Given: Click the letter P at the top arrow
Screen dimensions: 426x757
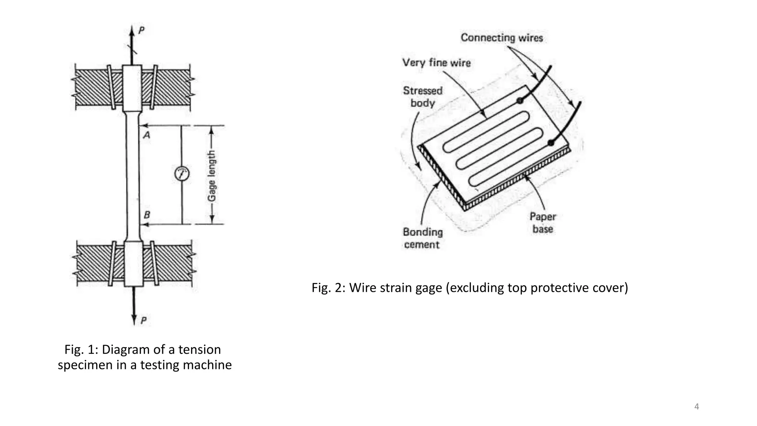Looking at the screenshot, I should (141, 30).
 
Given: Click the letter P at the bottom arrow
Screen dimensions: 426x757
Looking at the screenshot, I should (143, 320).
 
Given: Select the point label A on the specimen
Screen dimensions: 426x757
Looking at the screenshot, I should (147, 135).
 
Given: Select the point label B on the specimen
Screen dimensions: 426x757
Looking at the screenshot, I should (147, 215).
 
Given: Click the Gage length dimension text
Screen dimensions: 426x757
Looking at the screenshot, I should (211, 176).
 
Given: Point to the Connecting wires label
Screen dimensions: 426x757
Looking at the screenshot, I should (502, 38).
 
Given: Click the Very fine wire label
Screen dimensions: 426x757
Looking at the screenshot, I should (437, 62).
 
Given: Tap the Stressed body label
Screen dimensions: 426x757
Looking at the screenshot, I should (422, 97).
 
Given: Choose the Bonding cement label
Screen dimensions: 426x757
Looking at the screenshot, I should (422, 238).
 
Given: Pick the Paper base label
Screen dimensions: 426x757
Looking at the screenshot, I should (543, 223).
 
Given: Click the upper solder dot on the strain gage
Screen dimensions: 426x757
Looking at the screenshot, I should (520, 100).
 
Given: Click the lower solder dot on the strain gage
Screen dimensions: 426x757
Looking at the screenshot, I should (551, 142).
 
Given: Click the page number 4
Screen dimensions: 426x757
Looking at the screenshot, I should (697, 407).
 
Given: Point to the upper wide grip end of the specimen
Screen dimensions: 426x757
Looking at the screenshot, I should (132, 88).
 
